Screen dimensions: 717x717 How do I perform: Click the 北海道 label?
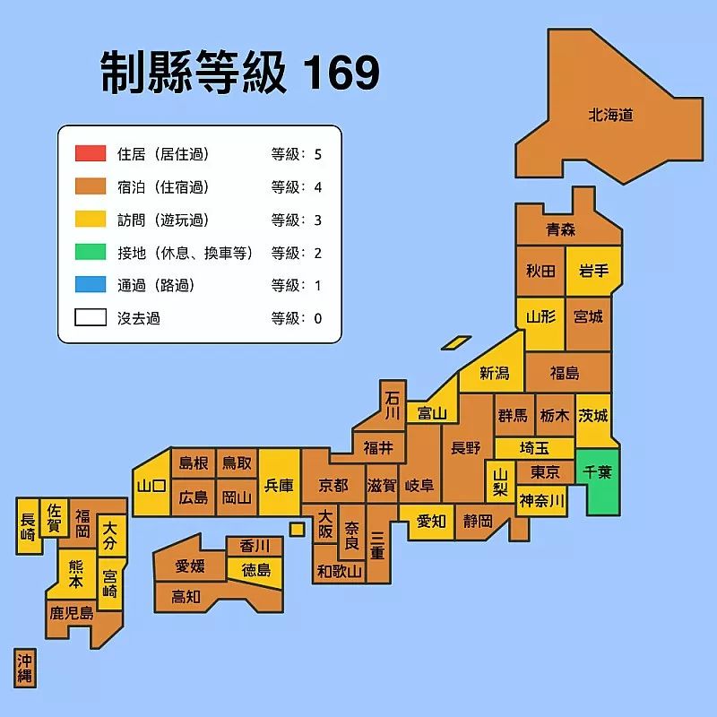(610, 115)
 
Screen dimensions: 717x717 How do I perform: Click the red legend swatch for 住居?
(91, 153)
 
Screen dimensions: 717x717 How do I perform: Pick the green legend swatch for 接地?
(91, 253)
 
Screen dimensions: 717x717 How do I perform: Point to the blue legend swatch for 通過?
(91, 285)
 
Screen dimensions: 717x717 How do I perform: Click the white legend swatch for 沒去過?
(91, 317)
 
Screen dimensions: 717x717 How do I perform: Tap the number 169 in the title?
(341, 73)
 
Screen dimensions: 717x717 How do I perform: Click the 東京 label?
(545, 472)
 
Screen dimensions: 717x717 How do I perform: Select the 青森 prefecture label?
(561, 229)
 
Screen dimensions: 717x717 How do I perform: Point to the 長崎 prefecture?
(28, 526)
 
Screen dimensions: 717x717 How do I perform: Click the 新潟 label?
(494, 374)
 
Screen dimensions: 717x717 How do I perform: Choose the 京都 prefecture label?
(333, 485)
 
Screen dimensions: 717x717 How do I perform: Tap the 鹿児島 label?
(71, 614)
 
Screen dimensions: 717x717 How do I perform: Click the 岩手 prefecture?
(594, 272)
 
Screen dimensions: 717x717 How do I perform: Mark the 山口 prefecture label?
(151, 486)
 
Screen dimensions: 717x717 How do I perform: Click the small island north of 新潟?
(456, 342)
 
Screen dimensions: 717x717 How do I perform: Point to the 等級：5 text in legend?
(297, 154)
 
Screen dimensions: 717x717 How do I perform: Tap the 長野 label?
(466, 448)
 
